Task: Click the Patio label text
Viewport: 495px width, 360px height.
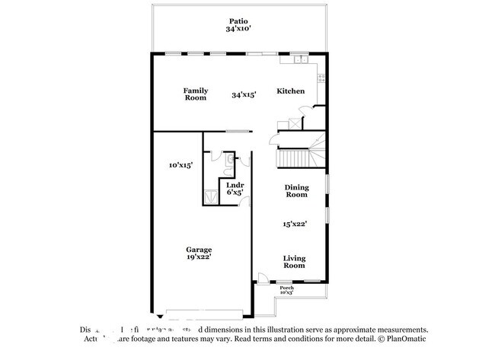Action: click(239, 21)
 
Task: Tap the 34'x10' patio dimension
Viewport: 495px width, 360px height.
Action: click(239, 29)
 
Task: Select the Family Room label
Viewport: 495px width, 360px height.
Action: click(196, 94)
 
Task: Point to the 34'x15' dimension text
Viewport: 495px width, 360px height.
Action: click(244, 95)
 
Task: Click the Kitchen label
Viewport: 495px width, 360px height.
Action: click(290, 91)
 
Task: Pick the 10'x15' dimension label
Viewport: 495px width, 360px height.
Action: click(180, 164)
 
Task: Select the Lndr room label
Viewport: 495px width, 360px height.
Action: click(235, 186)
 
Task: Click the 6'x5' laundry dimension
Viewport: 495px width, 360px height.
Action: click(235, 193)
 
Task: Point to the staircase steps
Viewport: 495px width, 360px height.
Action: click(293, 158)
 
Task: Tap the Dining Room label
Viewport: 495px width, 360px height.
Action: click(296, 191)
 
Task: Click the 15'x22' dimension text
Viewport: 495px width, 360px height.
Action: click(295, 225)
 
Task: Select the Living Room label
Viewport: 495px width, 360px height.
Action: click(295, 261)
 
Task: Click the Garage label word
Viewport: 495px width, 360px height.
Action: click(199, 250)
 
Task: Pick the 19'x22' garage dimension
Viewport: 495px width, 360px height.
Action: click(199, 257)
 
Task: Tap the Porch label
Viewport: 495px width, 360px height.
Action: click(286, 288)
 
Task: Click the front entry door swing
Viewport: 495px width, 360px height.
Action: click(263, 279)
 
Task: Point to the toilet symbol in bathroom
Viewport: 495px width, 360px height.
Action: click(236, 160)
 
